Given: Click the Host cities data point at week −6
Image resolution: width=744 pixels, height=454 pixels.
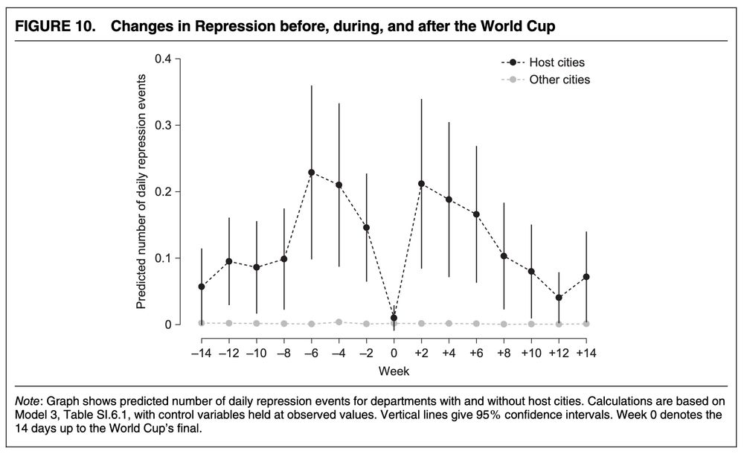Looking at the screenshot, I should point(311,172).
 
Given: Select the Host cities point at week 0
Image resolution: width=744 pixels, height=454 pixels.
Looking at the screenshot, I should point(394,318).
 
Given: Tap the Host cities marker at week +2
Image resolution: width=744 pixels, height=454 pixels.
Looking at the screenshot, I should point(421,183).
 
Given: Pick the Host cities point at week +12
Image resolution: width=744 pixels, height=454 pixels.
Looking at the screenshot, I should point(559,298).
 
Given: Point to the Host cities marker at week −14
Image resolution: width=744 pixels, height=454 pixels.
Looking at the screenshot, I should point(202,287).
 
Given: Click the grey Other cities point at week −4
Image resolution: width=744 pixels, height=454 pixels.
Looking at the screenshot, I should point(339,322).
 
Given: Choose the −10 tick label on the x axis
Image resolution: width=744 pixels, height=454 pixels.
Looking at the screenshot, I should point(256,351).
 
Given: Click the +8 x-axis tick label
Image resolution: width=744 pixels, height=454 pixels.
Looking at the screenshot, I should point(504,351).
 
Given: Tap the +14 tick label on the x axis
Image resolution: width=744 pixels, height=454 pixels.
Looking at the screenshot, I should point(586,351).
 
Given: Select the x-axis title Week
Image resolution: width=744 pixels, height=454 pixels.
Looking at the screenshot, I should point(394,370).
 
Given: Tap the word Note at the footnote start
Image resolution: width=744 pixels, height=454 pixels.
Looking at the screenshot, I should point(29,403).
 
